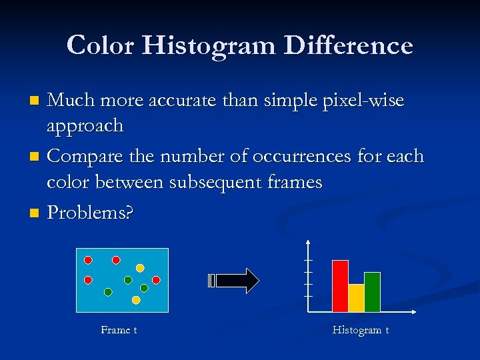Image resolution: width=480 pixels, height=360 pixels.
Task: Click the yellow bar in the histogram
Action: coord(356,298)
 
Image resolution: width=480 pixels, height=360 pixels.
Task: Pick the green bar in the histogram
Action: coord(372,292)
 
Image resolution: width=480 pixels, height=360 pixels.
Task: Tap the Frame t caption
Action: coord(119,330)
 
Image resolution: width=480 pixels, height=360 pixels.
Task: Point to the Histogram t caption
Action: coord(360,330)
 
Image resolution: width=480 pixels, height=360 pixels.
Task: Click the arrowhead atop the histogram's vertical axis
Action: coord(307,241)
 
